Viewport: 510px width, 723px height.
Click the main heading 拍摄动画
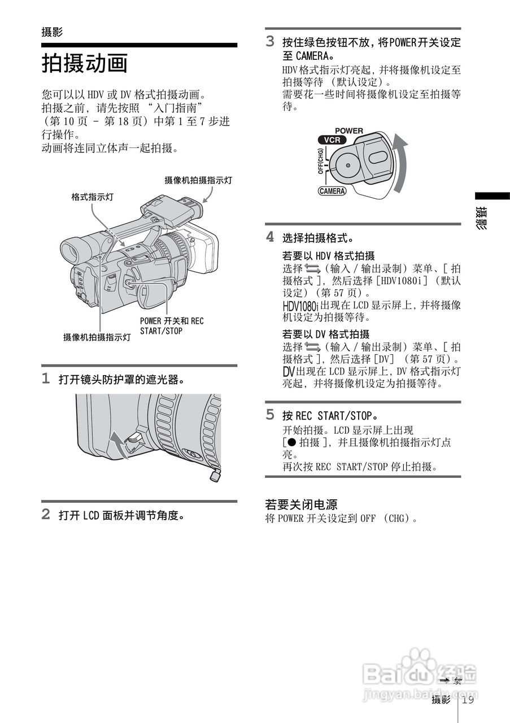[x=85, y=63]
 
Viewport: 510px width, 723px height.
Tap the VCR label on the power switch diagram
[x=332, y=140]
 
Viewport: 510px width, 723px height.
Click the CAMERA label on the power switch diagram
[x=332, y=191]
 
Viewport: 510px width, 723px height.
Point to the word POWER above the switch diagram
[x=349, y=130]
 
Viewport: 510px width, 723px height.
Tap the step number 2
[x=46, y=515]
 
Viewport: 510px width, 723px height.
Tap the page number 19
[x=468, y=700]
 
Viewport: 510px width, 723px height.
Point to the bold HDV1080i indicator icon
[x=300, y=306]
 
